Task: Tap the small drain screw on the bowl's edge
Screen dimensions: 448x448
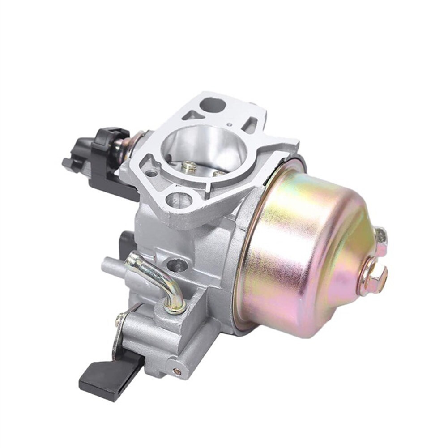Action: coord(381,236)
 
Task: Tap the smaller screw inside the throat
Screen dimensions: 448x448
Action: coord(218,173)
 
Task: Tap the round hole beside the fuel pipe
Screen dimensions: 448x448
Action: coord(177,265)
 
